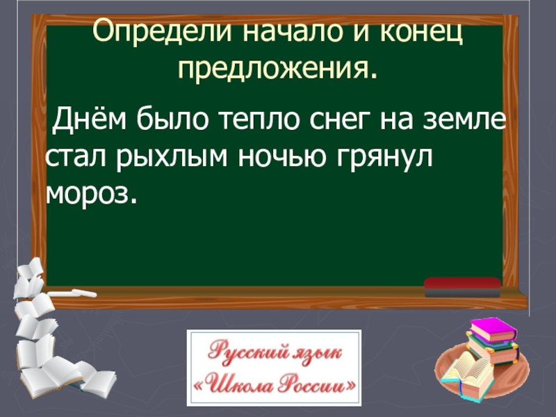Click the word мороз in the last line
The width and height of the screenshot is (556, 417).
pyautogui.click(x=88, y=194)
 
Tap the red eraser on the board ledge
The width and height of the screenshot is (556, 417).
pyautogui.click(x=462, y=283)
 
